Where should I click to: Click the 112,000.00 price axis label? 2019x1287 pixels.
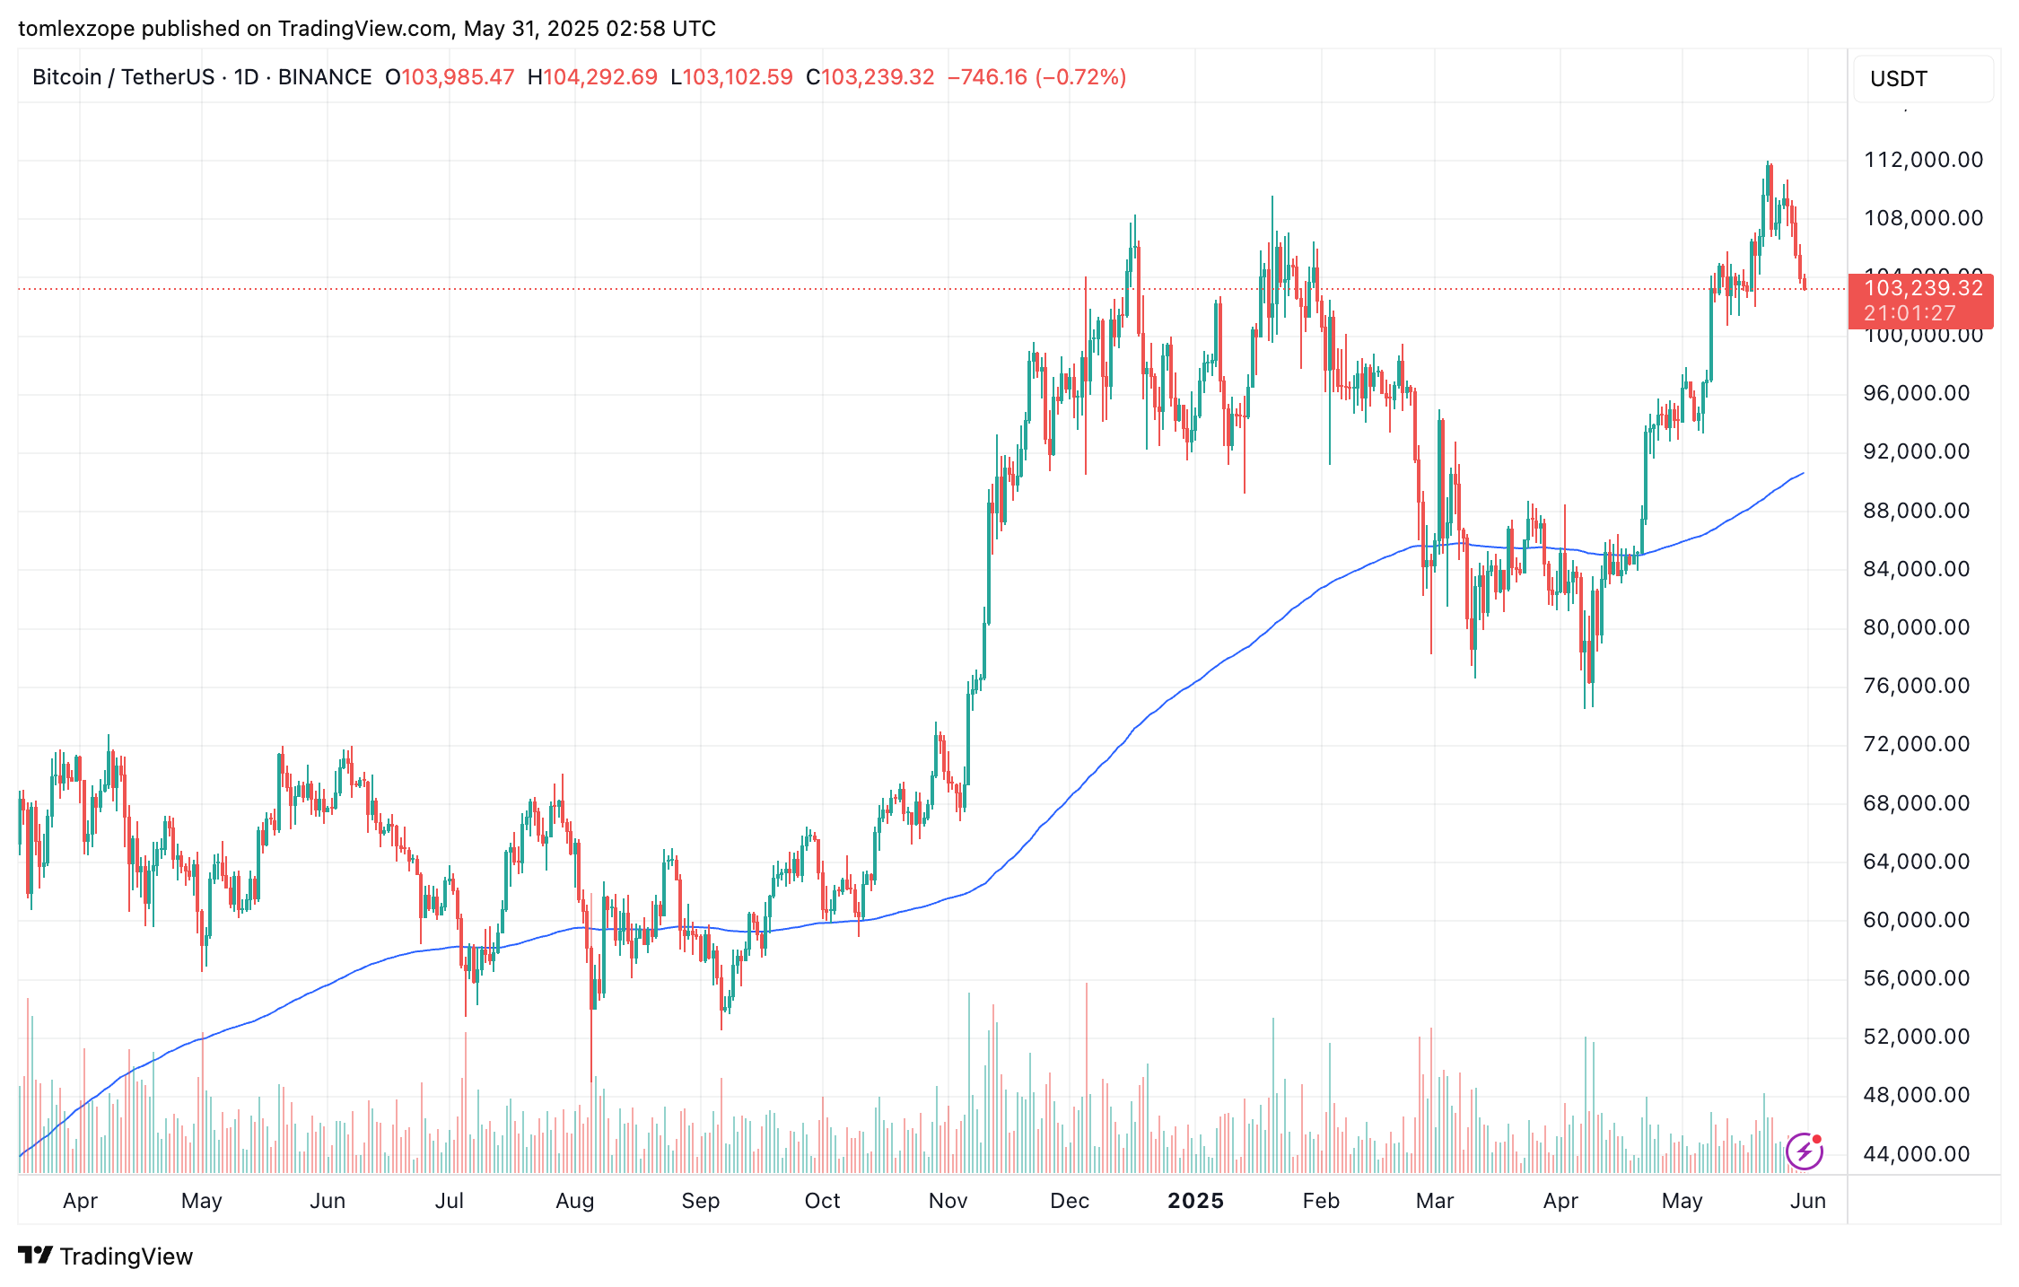point(1923,160)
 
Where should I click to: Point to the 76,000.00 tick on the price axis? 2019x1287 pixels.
point(1916,686)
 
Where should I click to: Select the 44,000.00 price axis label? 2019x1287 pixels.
point(1916,1154)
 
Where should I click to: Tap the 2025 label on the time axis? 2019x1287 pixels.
point(1195,1201)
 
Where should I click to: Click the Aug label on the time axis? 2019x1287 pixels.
point(574,1201)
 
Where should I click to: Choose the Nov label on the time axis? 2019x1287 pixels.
point(948,1201)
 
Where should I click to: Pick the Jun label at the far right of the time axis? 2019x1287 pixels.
point(1807,1201)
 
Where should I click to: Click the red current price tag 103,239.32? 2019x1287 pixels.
point(1923,288)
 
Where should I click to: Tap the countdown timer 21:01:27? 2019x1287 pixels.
point(1909,313)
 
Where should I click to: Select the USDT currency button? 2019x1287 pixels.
point(1898,79)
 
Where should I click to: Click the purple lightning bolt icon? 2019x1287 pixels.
point(1804,1151)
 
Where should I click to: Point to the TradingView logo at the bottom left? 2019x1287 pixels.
point(106,1256)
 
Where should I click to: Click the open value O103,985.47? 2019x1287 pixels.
point(450,77)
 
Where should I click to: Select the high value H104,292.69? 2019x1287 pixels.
point(592,77)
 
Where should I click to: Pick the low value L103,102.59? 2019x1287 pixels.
point(731,77)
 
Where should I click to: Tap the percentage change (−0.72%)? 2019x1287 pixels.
point(1080,77)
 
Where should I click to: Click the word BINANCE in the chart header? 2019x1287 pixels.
point(325,77)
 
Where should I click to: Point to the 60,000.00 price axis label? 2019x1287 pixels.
point(1916,920)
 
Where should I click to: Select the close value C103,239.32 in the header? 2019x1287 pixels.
point(870,77)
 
